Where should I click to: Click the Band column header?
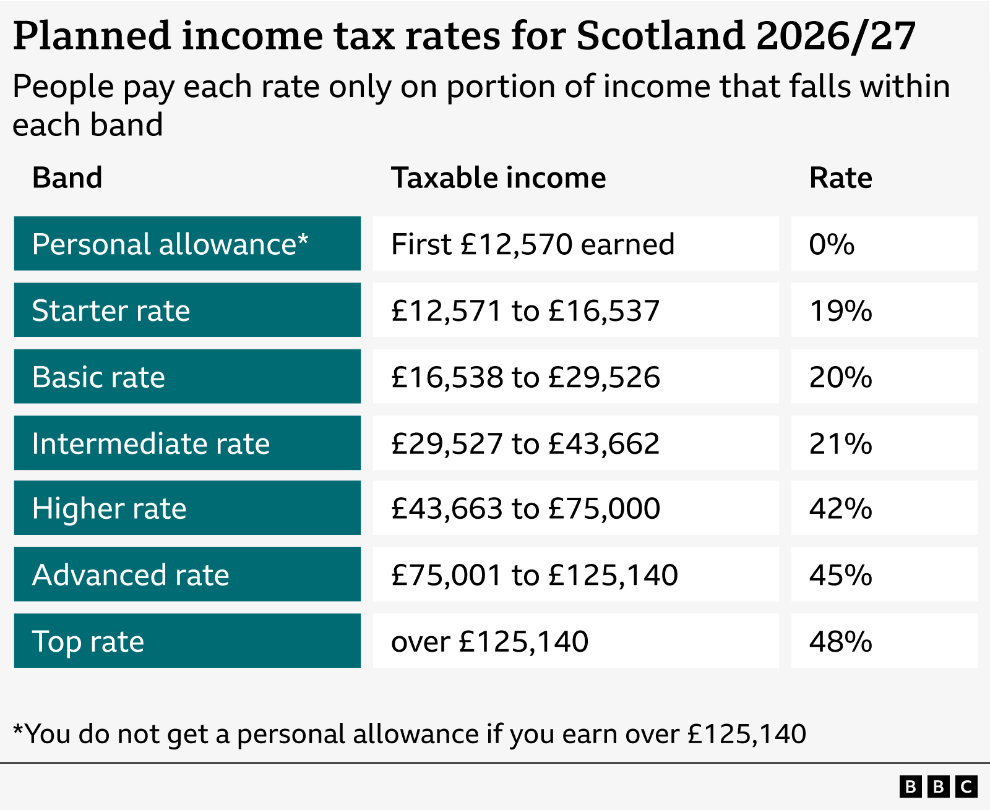(67, 178)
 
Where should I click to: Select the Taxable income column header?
(498, 178)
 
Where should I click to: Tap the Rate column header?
(840, 178)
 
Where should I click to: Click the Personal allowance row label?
(170, 244)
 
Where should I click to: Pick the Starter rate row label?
(111, 310)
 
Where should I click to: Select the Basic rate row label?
(99, 377)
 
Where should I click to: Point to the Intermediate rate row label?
(151, 443)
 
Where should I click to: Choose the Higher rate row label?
(110, 508)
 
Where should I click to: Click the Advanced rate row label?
(131, 575)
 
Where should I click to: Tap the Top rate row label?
(88, 641)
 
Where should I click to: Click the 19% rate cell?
(840, 310)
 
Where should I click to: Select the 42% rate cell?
(840, 508)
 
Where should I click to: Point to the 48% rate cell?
(840, 641)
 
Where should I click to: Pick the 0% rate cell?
(832, 244)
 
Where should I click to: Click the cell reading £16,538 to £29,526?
(525, 377)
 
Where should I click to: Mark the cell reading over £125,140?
(489, 641)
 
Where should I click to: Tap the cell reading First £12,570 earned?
(532, 244)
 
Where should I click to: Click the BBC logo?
(938, 787)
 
